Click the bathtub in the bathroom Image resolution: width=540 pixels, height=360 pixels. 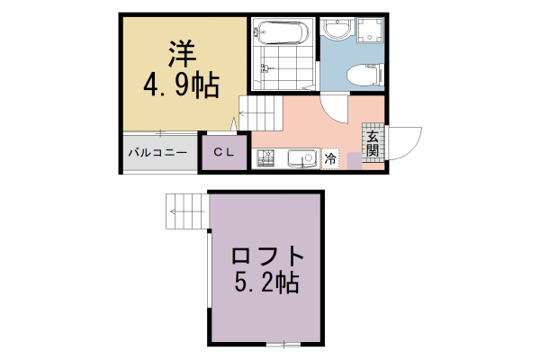(282, 34)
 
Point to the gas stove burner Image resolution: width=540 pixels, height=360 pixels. (266, 160)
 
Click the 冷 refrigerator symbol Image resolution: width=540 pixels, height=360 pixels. (330, 159)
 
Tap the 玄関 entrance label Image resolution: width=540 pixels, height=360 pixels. (372, 142)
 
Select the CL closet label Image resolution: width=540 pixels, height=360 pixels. (223, 153)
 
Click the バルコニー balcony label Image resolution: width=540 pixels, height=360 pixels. (157, 153)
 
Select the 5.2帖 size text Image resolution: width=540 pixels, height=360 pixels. (265, 283)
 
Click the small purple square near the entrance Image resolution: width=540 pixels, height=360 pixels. (354, 159)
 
